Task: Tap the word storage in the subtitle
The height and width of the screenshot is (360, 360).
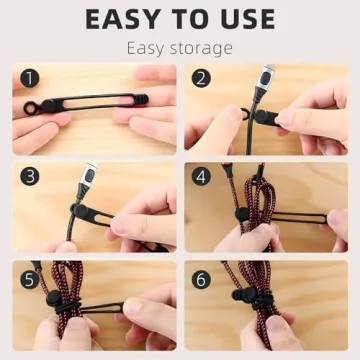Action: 201,48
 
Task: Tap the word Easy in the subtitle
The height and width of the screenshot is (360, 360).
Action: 150,48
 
